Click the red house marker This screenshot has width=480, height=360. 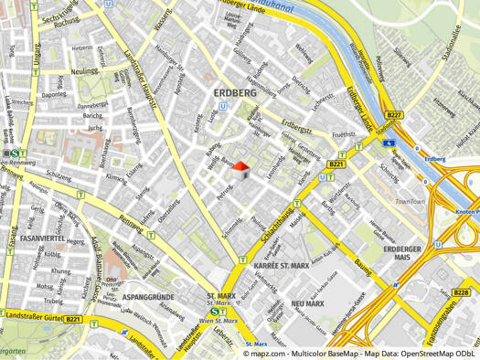coord(240,170)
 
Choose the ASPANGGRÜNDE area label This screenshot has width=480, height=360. coord(147,298)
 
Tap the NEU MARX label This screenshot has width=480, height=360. coord(308,303)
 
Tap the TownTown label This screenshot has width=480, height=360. coord(411,201)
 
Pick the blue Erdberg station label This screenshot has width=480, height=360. coord(435,159)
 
